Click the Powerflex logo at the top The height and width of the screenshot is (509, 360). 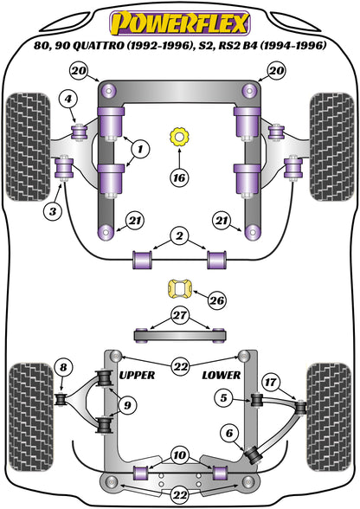(x=180, y=20)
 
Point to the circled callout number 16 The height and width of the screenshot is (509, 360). (x=177, y=178)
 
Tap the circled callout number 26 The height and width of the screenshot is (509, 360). (x=216, y=300)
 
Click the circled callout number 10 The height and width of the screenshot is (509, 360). (x=178, y=454)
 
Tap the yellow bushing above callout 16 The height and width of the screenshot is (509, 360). (x=180, y=135)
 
